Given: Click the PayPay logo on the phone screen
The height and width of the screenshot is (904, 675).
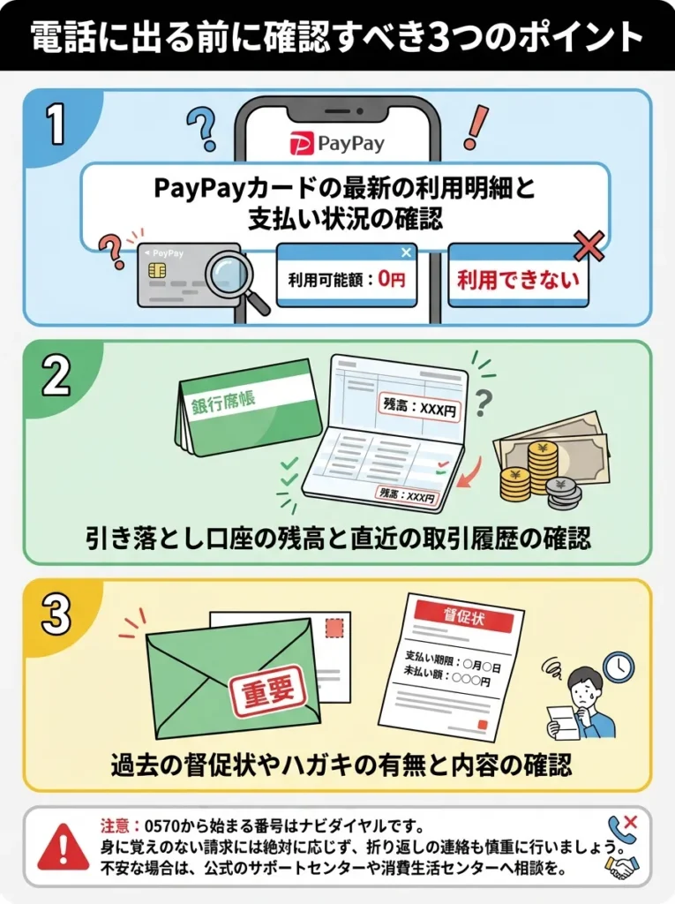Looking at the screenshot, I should [337, 141].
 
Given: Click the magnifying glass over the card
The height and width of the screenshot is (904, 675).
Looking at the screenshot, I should [238, 278].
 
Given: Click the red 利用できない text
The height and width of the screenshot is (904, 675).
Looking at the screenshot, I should [518, 281].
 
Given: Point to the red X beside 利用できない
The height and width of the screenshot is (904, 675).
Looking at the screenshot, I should [589, 246].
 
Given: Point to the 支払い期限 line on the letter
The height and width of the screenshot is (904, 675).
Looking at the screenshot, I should [453, 659].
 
